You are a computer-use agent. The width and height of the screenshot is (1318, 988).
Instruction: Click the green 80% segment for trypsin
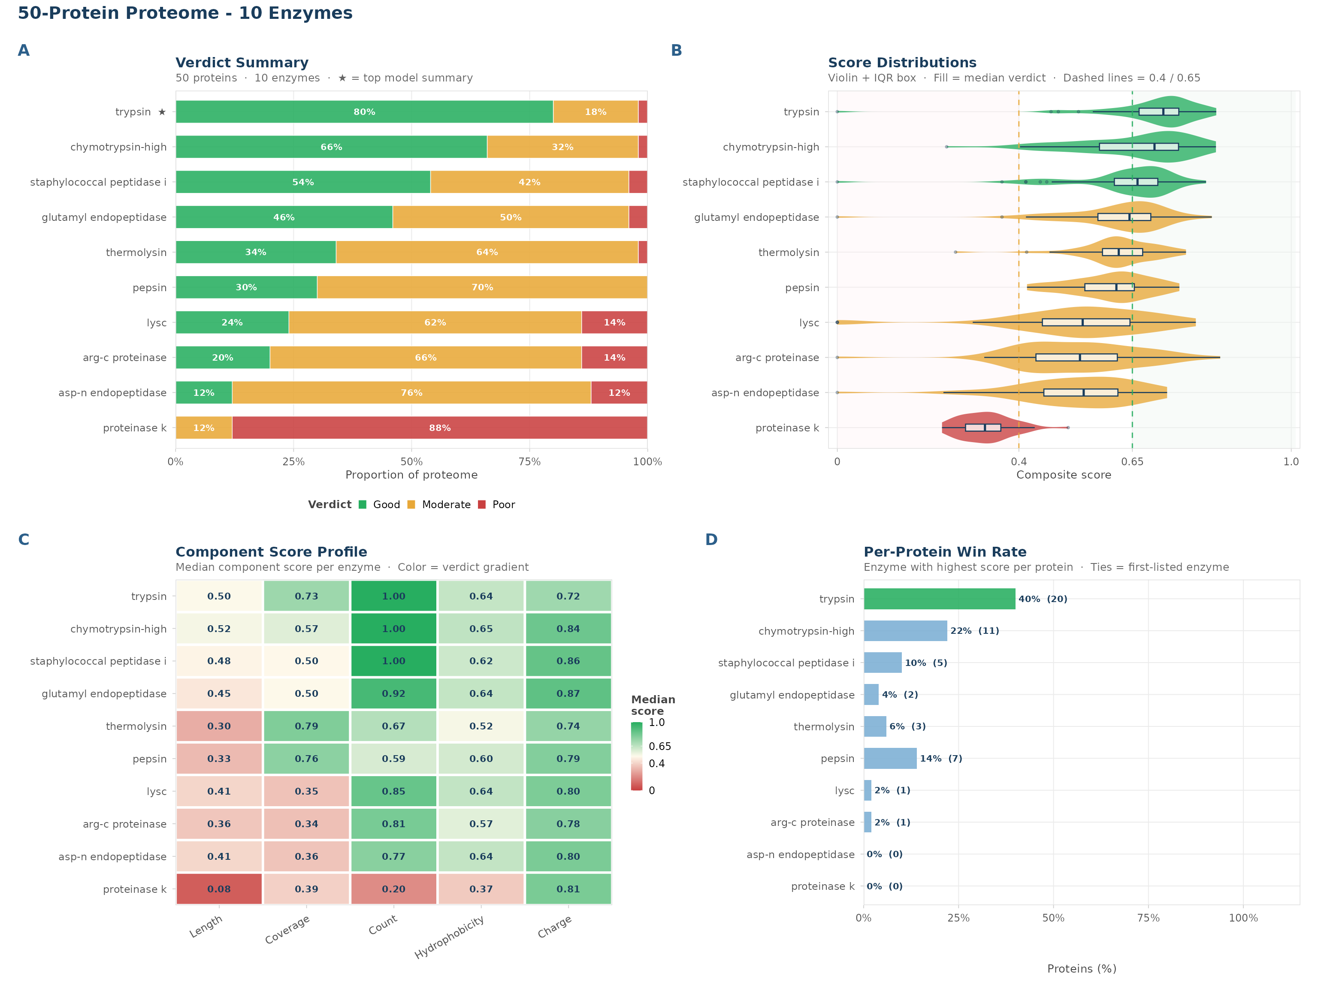coord(364,112)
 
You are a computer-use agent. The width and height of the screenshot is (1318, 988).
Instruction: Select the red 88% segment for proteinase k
coord(440,428)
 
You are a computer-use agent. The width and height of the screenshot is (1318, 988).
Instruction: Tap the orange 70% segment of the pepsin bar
coord(482,287)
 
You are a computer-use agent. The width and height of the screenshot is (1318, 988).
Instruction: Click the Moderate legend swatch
coord(411,504)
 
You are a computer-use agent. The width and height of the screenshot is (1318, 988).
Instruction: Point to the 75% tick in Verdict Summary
coord(529,461)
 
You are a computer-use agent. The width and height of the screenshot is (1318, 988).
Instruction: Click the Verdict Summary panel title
coord(242,63)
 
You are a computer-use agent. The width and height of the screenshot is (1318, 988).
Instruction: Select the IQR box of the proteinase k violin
coord(983,428)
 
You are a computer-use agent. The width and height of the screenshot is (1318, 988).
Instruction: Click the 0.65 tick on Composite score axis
coord(1132,461)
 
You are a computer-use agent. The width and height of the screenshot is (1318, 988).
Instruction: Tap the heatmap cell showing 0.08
coord(219,889)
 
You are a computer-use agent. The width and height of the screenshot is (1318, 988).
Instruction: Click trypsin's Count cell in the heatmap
coord(394,596)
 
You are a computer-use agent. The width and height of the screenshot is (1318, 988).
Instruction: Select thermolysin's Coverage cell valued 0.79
coord(306,726)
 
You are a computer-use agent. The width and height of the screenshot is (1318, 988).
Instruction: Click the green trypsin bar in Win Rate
coord(940,599)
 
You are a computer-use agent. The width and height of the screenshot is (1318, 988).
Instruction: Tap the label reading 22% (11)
coord(975,631)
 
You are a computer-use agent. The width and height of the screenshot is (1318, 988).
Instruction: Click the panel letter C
coord(24,539)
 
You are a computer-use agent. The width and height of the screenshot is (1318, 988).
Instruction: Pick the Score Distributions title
coord(902,63)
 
